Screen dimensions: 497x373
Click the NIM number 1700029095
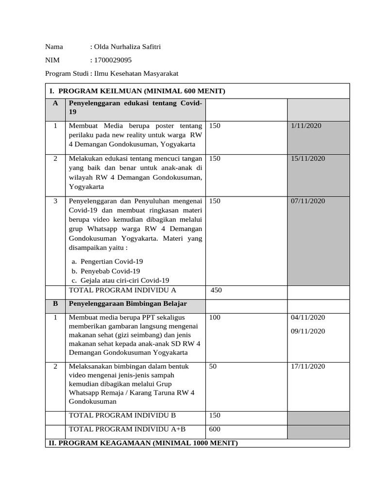pyautogui.click(x=114, y=60)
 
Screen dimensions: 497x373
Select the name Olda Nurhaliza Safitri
pyautogui.click(x=127, y=47)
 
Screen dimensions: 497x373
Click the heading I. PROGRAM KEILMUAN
pyautogui.click(x=137, y=91)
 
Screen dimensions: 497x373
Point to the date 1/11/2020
pyautogui.click(x=306, y=126)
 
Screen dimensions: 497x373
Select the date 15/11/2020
pyautogui.click(x=308, y=159)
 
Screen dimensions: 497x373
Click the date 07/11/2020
pyautogui.click(x=308, y=201)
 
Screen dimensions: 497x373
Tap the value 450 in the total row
pyautogui.click(x=216, y=290)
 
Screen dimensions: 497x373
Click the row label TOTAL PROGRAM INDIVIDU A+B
pyautogui.click(x=127, y=429)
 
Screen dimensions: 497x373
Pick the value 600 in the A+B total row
pyautogui.click(x=215, y=429)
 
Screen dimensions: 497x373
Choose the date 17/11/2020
pyautogui.click(x=308, y=366)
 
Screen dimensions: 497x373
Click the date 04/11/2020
pyautogui.click(x=308, y=317)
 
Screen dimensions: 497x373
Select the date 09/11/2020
pyautogui.click(x=308, y=331)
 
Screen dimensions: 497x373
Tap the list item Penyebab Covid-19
pyautogui.click(x=110, y=271)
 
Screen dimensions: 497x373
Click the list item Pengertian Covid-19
pyautogui.click(x=112, y=261)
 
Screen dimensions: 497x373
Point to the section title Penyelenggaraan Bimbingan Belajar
pyautogui.click(x=128, y=303)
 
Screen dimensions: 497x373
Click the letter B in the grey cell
pyautogui.click(x=55, y=303)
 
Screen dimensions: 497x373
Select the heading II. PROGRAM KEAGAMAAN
pyautogui.click(x=142, y=443)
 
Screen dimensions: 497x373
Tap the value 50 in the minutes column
pyautogui.click(x=213, y=366)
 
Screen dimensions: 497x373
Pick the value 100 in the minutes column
pyautogui.click(x=215, y=317)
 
